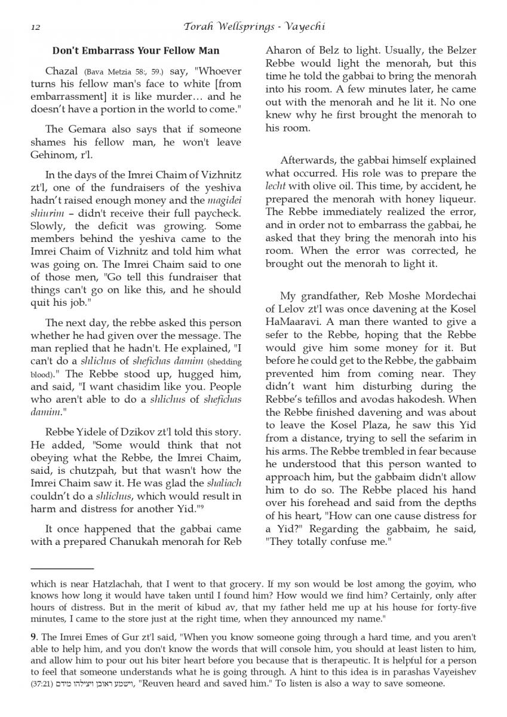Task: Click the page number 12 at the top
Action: pyautogui.click(x=35, y=27)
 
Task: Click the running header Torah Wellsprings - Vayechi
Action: pyautogui.click(x=254, y=27)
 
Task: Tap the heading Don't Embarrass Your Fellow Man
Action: pyautogui.click(x=136, y=51)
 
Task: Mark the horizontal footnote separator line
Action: pyautogui.click(x=62, y=569)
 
